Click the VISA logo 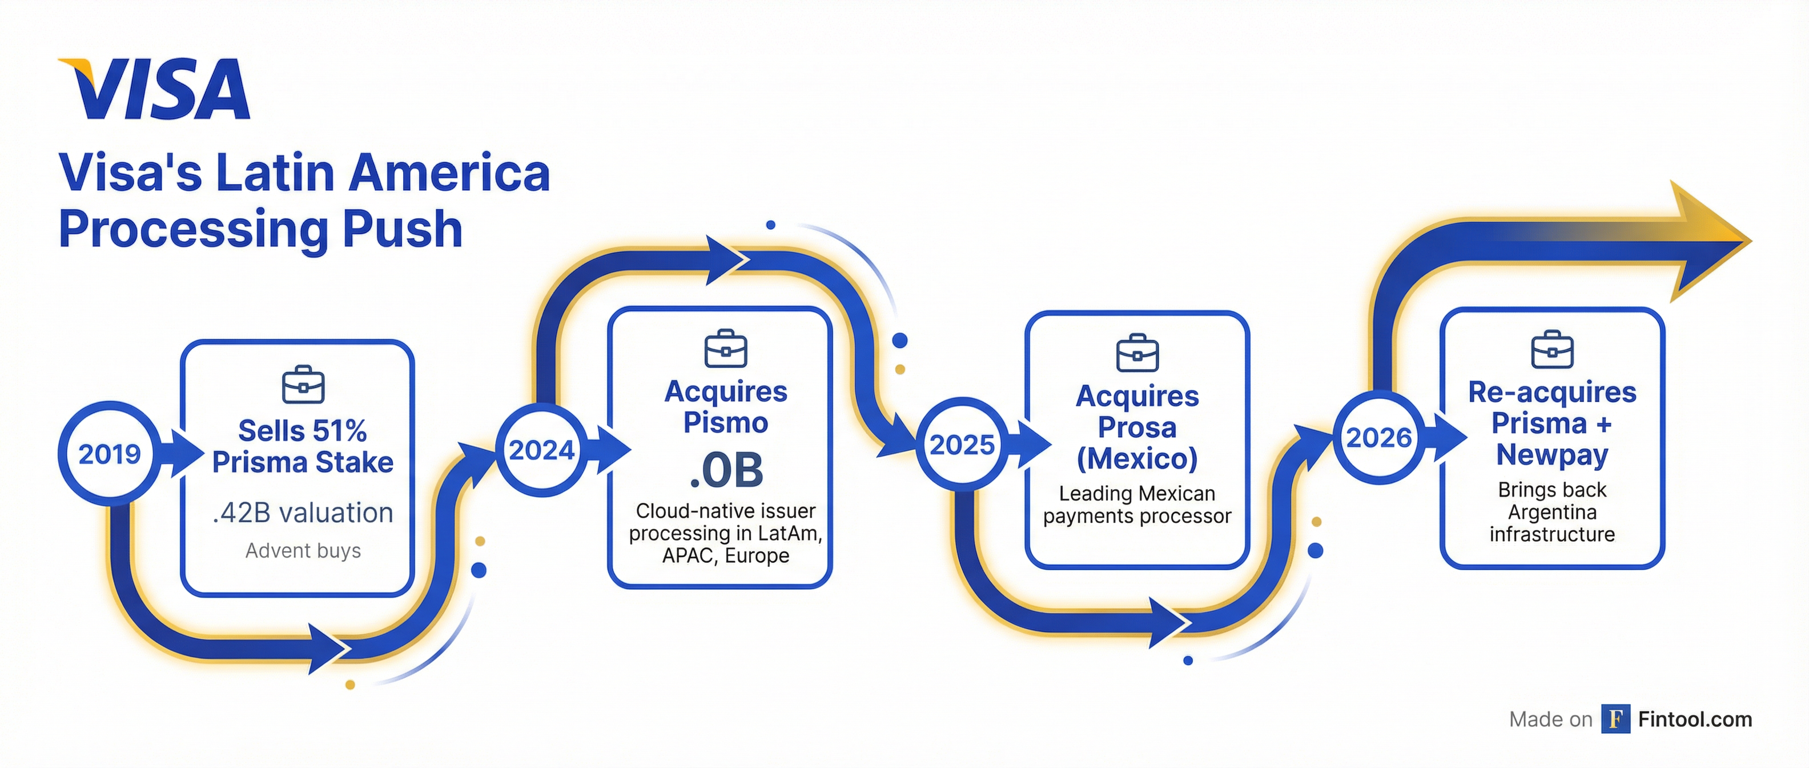[x=155, y=89]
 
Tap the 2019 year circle [x=110, y=454]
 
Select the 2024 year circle [x=541, y=450]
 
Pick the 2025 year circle [x=962, y=444]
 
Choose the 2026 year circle [x=1378, y=437]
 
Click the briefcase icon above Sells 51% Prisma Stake [x=303, y=385]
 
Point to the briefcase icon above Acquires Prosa [x=1137, y=353]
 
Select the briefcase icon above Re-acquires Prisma [x=1552, y=349]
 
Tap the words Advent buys [x=303, y=550]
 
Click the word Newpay [x=1552, y=455]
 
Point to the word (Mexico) [x=1137, y=459]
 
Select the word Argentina [x=1552, y=511]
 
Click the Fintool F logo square [x=1615, y=719]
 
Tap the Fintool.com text [x=1695, y=719]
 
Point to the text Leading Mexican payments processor [x=1137, y=505]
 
